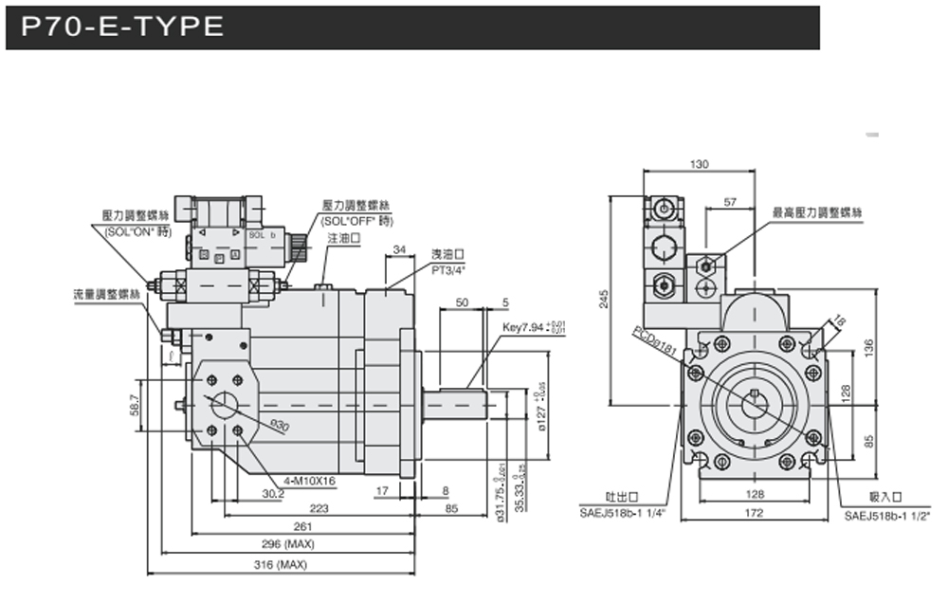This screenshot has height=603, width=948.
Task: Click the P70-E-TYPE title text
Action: [116, 27]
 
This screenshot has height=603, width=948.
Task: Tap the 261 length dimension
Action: [302, 526]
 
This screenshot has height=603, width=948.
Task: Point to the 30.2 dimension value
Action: [273, 492]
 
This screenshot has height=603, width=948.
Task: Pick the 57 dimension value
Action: [730, 202]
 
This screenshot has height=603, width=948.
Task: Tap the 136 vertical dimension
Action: [866, 347]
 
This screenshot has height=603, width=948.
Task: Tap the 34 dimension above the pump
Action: [398, 249]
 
